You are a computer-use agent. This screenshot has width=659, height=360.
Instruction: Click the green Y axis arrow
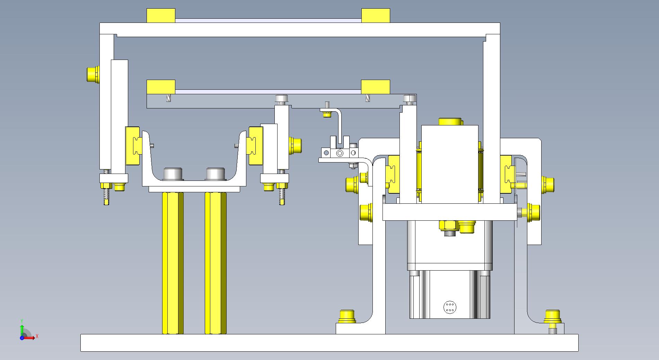point(22,329)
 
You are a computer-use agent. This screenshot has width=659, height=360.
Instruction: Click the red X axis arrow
point(29,337)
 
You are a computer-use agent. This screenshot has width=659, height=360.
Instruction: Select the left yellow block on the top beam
point(161,16)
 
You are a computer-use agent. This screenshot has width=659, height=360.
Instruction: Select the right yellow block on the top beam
point(376,16)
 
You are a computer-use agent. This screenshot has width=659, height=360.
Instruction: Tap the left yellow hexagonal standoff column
point(173,263)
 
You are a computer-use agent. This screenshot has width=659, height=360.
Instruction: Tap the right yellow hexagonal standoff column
point(216,263)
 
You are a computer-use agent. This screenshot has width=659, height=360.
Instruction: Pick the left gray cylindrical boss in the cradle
point(174,174)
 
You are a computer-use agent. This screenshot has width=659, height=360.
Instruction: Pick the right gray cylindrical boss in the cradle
point(216,174)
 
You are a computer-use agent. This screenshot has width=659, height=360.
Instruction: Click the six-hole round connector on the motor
point(450,307)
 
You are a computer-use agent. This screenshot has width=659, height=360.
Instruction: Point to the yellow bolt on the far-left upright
point(93,74)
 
